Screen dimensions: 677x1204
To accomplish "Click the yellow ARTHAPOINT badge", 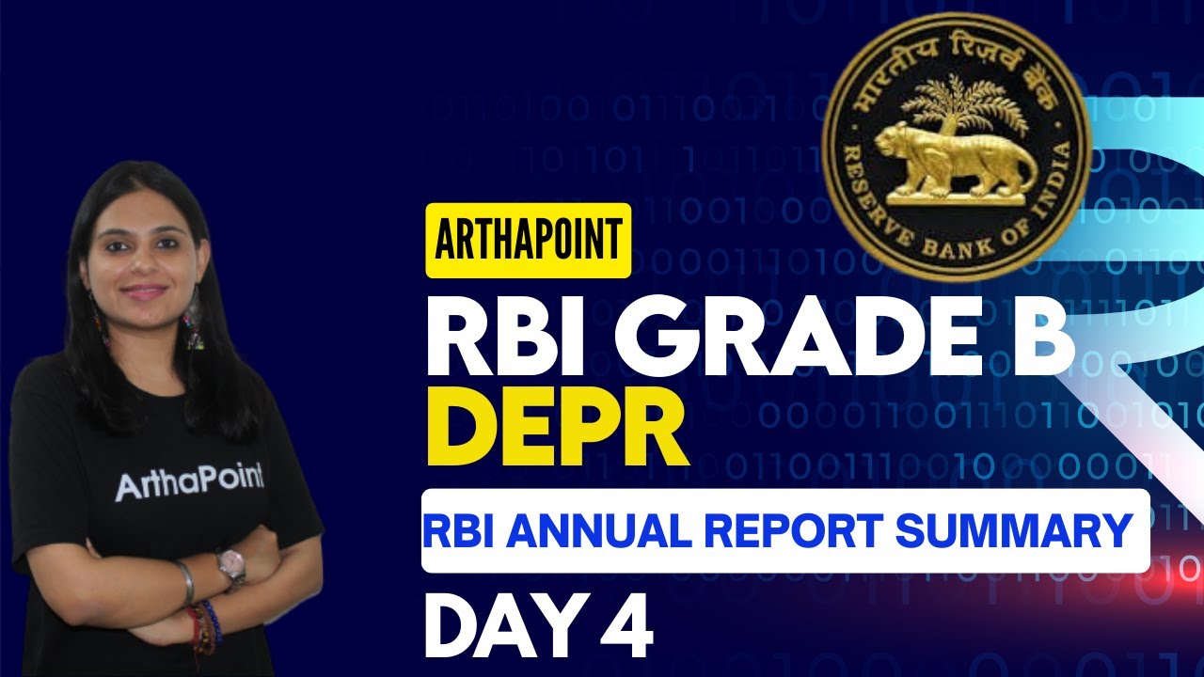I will click(x=528, y=241).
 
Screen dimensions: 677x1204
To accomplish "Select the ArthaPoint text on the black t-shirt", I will click(x=189, y=484).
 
